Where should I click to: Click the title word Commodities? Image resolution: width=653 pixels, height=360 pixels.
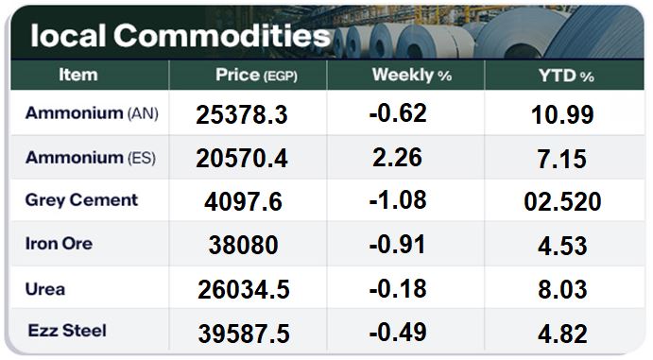[x=222, y=35]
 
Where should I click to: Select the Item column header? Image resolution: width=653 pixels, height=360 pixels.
[x=78, y=75]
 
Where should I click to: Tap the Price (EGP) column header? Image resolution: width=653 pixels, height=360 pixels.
[x=256, y=76]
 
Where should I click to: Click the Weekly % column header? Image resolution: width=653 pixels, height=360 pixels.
[x=412, y=76]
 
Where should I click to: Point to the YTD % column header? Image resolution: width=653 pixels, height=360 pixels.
[x=566, y=76]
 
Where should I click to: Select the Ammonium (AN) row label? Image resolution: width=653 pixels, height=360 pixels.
[x=92, y=113]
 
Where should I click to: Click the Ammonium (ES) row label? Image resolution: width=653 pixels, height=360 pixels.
[x=91, y=158]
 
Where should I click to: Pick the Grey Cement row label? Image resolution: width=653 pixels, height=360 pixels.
[x=81, y=200]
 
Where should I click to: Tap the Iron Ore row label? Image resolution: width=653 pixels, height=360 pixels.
[x=60, y=244]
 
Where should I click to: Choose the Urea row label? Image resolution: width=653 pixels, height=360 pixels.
[x=45, y=289]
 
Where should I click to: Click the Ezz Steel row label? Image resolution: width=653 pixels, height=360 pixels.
[x=67, y=331]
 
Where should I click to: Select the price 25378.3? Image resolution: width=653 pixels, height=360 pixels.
[x=242, y=114]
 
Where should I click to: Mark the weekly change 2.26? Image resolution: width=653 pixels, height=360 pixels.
[x=397, y=157]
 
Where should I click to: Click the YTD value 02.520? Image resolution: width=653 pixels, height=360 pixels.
[x=562, y=201]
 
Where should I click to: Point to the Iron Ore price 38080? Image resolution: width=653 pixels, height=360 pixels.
[x=244, y=245]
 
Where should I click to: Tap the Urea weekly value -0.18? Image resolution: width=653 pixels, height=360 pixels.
[x=398, y=288]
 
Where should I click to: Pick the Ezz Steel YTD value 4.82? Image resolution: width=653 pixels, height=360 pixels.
[x=562, y=334]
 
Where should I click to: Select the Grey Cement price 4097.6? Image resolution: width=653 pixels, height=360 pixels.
[x=243, y=201]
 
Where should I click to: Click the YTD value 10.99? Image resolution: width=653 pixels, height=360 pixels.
[x=562, y=114]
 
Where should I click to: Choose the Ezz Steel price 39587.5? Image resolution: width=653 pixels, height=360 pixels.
[x=244, y=334]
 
